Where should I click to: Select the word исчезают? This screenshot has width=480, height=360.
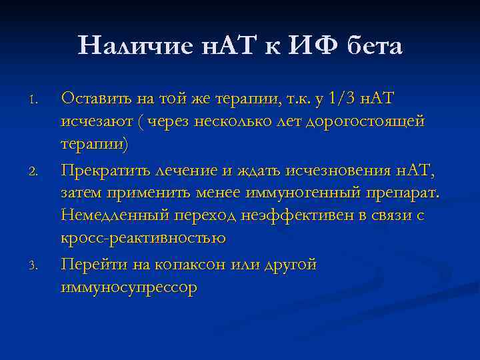[93, 122]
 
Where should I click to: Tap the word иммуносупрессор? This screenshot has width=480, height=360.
[129, 287]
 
